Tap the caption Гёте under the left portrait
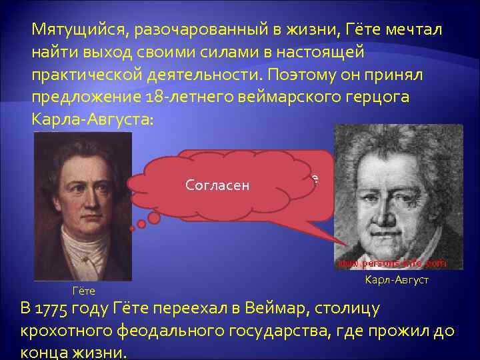[x=83, y=291]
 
